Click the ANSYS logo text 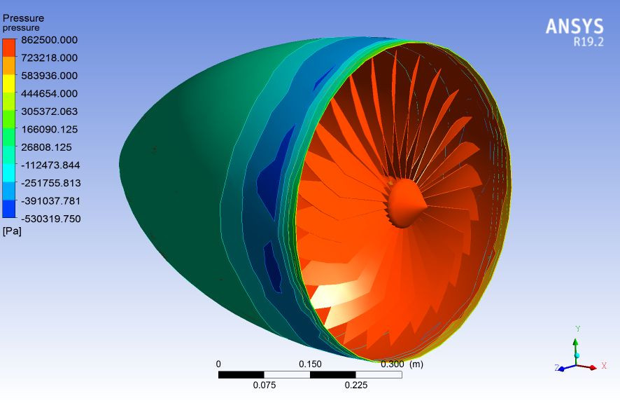574,26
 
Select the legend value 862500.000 49,40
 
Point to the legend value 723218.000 49,57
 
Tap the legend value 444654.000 49,93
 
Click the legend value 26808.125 49,147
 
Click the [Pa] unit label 12,231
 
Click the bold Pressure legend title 23,18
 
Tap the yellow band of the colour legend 9,83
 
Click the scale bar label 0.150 310,364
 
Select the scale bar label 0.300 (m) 402,364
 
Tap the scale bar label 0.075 264,385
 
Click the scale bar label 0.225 355,385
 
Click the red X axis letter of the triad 603,366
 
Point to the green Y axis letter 577,328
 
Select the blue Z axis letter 557,367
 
